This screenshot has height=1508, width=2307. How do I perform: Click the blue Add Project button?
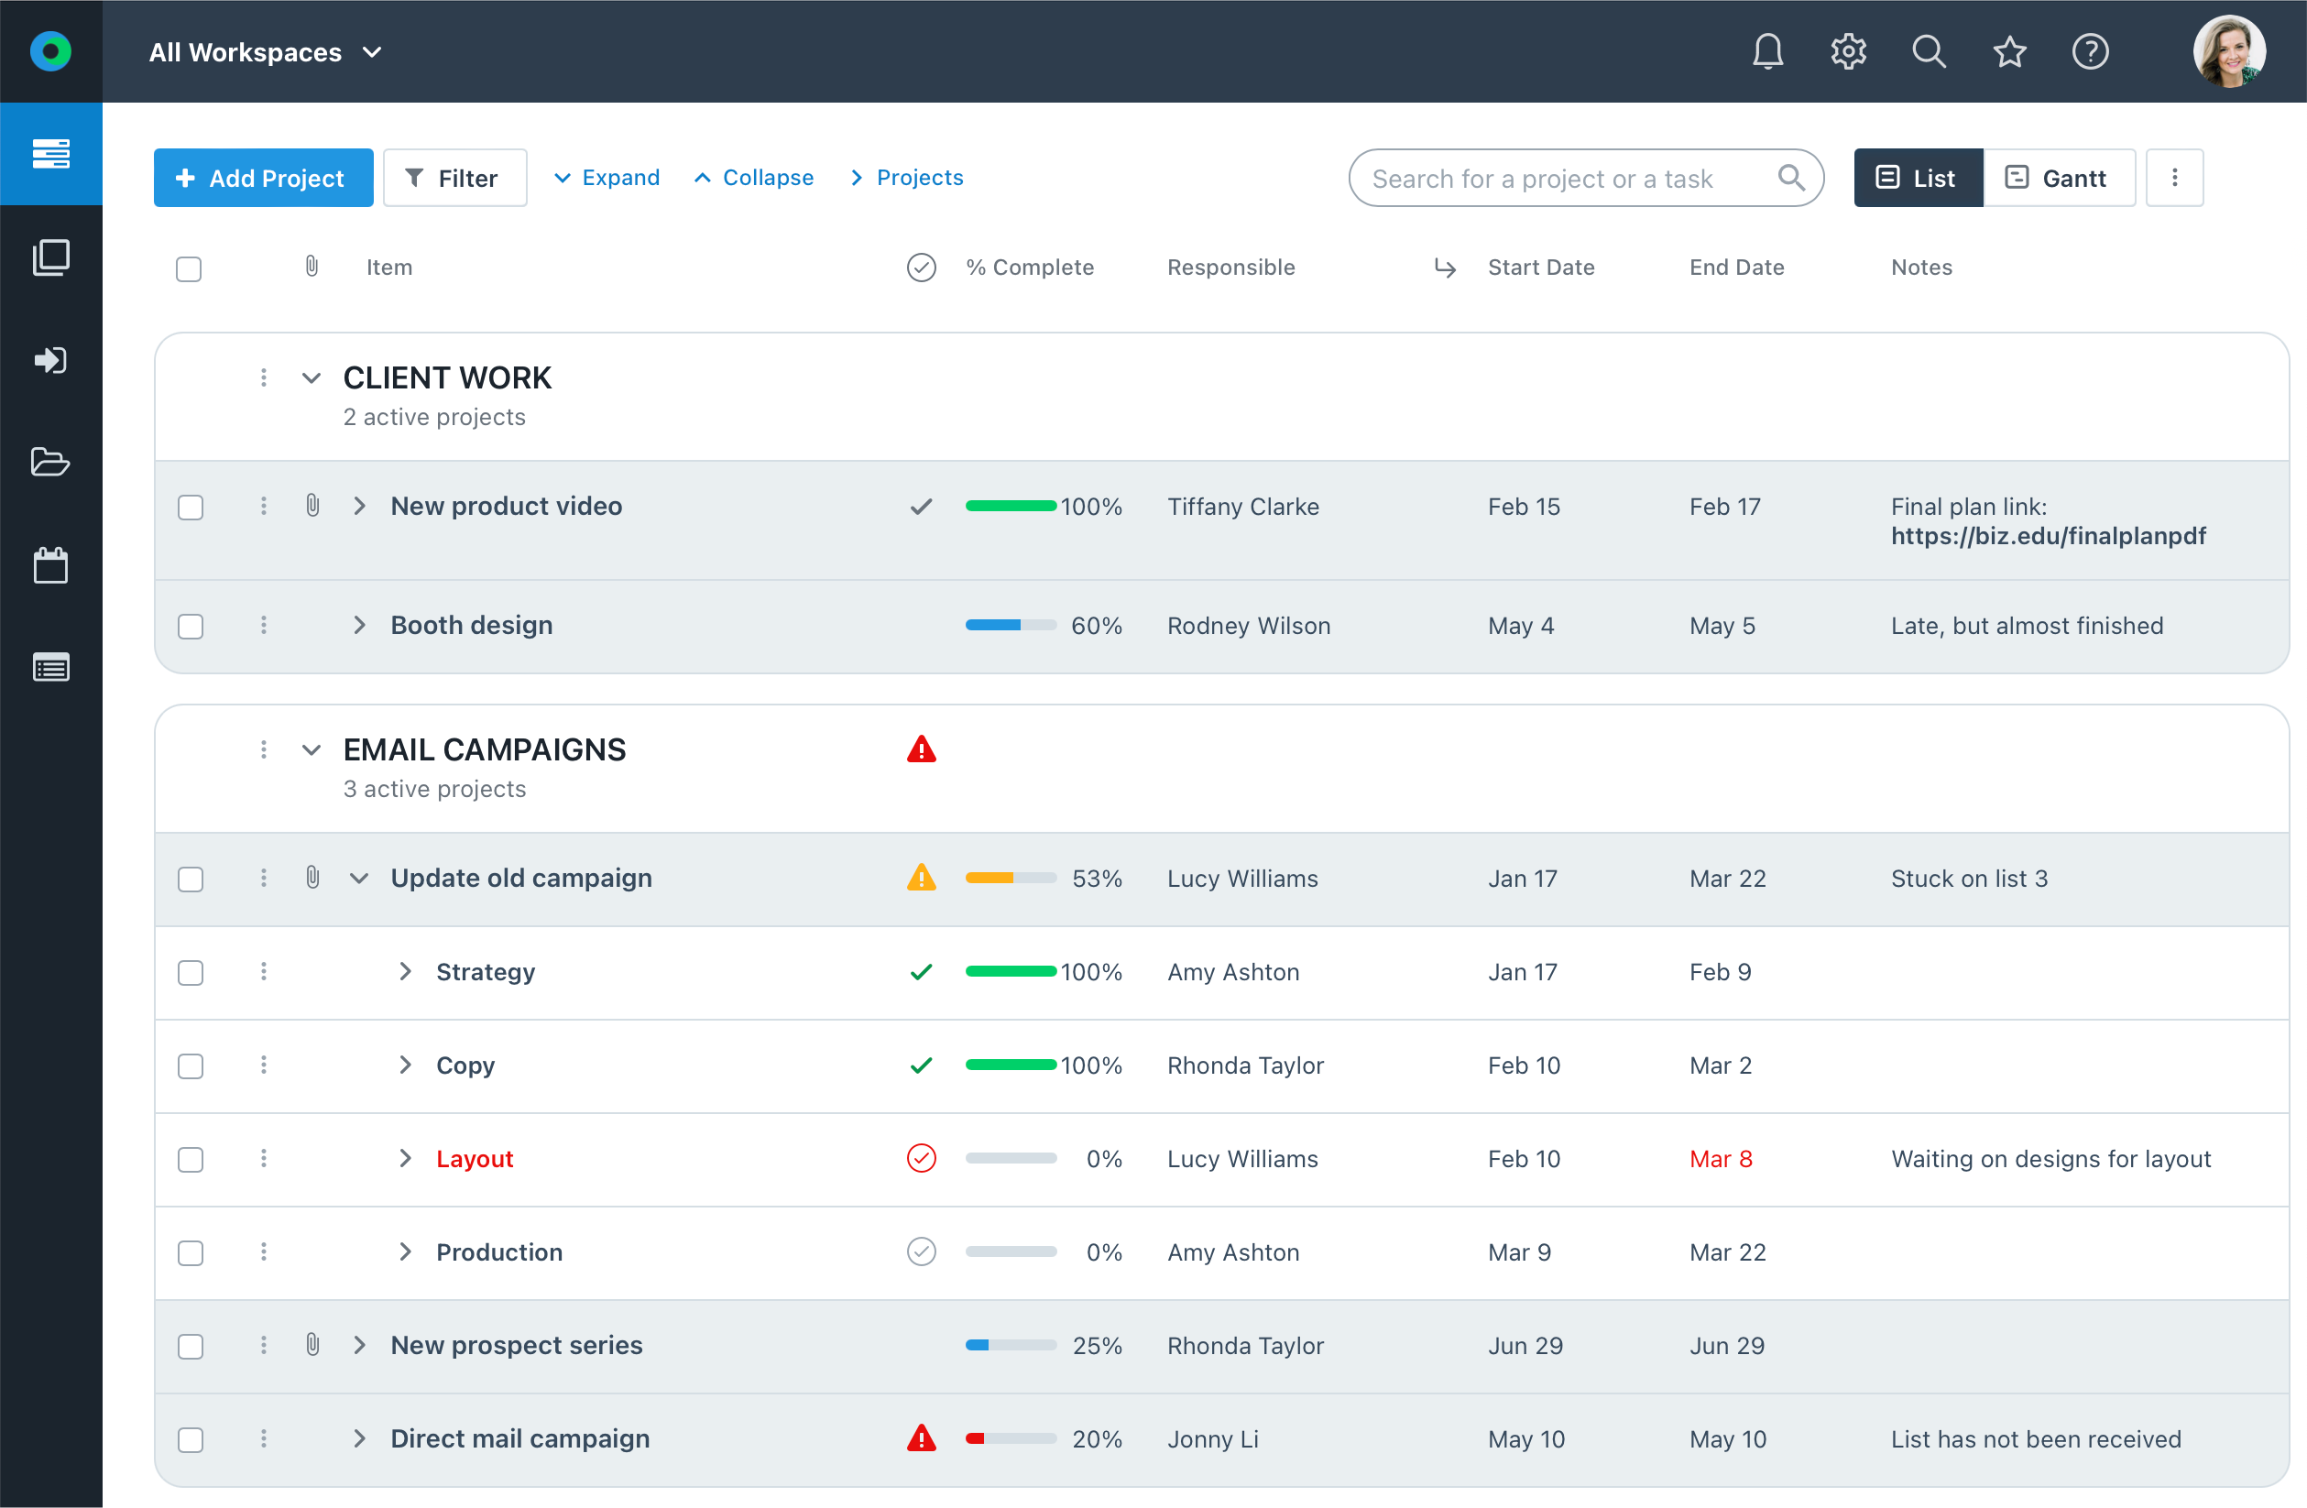click(263, 178)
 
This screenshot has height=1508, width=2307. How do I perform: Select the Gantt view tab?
click(2058, 178)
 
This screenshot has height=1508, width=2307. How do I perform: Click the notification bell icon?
click(1767, 51)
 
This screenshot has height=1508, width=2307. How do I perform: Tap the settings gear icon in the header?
click(1848, 51)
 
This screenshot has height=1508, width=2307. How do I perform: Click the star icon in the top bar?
click(2009, 51)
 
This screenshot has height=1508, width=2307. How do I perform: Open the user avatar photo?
click(2228, 51)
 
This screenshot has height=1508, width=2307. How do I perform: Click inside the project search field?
click(1560, 179)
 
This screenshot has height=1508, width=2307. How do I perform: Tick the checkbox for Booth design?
click(190, 626)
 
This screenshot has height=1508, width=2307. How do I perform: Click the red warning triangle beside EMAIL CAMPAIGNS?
click(921, 749)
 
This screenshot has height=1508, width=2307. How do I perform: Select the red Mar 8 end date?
click(1721, 1159)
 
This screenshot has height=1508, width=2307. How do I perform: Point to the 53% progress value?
click(1097, 879)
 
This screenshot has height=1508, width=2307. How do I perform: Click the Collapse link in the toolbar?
click(754, 178)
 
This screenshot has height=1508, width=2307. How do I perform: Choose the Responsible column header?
click(1230, 268)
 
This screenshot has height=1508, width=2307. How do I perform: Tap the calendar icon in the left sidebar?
click(50, 565)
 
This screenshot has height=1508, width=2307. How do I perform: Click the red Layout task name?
click(474, 1159)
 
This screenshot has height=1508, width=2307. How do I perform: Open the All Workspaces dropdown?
click(265, 52)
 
